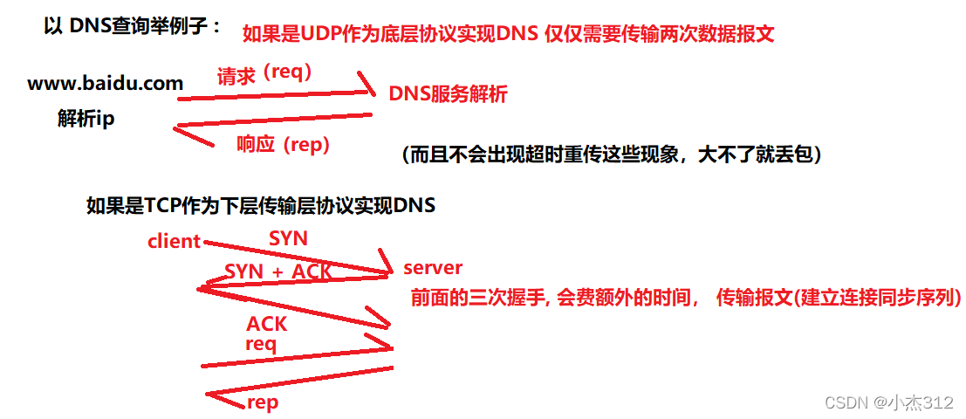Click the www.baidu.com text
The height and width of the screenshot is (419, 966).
(106, 85)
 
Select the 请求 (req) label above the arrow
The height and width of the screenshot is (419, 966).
(264, 75)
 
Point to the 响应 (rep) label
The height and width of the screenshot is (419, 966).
(283, 145)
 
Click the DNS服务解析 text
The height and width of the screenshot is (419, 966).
(448, 95)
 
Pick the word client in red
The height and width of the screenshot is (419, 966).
(175, 242)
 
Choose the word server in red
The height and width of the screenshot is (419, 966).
(433, 267)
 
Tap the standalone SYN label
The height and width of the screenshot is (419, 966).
(288, 237)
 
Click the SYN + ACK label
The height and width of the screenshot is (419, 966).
(278, 271)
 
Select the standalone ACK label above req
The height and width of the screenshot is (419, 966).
(266, 324)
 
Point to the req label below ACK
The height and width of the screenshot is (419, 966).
(260, 344)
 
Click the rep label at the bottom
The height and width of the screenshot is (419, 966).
(263, 402)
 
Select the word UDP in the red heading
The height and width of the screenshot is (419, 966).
(323, 34)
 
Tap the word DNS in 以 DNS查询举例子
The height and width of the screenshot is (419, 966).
(91, 26)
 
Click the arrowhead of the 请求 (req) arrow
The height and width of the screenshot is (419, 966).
(370, 87)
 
